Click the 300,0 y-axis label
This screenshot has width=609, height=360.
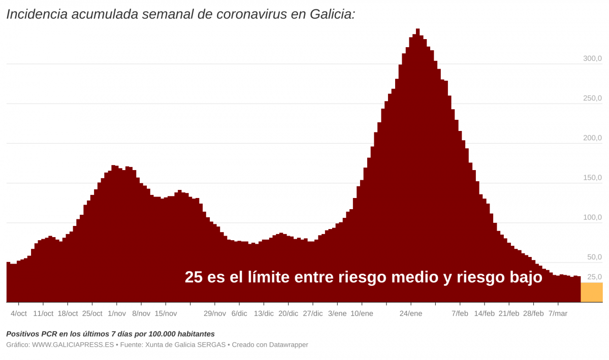click(x=592, y=58)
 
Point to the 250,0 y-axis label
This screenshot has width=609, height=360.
click(x=592, y=98)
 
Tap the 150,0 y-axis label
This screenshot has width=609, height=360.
click(x=592, y=178)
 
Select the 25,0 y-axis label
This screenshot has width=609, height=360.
click(x=594, y=277)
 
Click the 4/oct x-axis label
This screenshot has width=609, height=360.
click(x=19, y=313)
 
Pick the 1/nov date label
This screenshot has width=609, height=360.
click(x=117, y=313)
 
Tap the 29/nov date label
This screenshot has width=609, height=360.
click(x=214, y=313)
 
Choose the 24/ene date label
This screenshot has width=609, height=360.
click(x=410, y=313)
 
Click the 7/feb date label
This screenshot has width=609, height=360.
click(x=460, y=313)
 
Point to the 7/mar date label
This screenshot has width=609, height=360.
click(x=558, y=313)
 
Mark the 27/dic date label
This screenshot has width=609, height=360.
click(x=312, y=313)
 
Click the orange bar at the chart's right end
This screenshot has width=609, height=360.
click(x=591, y=292)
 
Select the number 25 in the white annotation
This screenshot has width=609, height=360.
click(x=194, y=277)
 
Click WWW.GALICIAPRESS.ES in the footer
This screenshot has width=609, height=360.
click(x=73, y=345)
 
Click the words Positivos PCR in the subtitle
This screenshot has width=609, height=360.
click(x=31, y=334)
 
